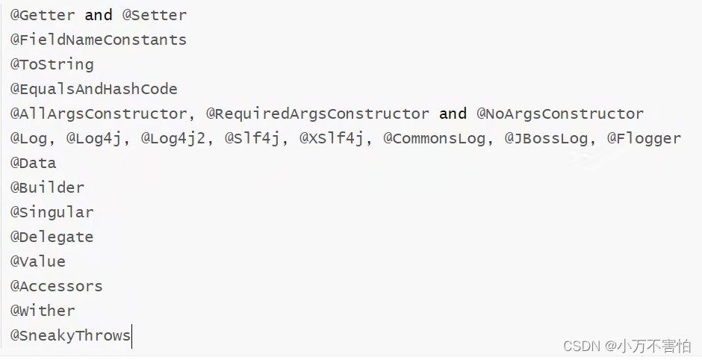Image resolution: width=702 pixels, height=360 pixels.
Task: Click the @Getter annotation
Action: click(42, 15)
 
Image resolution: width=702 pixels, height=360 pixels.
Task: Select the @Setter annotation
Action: click(154, 15)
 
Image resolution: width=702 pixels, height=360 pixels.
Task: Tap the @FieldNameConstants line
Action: click(98, 40)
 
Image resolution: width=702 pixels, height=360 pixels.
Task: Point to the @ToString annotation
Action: click(52, 64)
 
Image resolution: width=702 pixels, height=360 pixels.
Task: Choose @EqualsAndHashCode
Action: click(93, 89)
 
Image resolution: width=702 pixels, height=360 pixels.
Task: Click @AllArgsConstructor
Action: click(98, 114)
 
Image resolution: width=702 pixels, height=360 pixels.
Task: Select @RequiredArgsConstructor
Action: click(317, 114)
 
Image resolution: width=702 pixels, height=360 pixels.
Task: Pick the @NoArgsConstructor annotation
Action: click(560, 114)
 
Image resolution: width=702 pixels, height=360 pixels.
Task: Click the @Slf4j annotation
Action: click(256, 138)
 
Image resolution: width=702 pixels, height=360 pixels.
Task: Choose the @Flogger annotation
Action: click(644, 138)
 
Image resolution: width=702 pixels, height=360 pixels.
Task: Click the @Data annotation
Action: click(33, 163)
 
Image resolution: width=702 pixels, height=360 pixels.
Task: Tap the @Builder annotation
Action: click(46, 187)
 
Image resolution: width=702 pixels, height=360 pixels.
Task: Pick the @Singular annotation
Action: click(52, 212)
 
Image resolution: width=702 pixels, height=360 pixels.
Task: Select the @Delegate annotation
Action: click(52, 237)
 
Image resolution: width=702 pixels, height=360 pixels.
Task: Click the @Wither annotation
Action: click(42, 311)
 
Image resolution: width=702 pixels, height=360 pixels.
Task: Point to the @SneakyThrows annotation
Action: click(70, 335)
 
